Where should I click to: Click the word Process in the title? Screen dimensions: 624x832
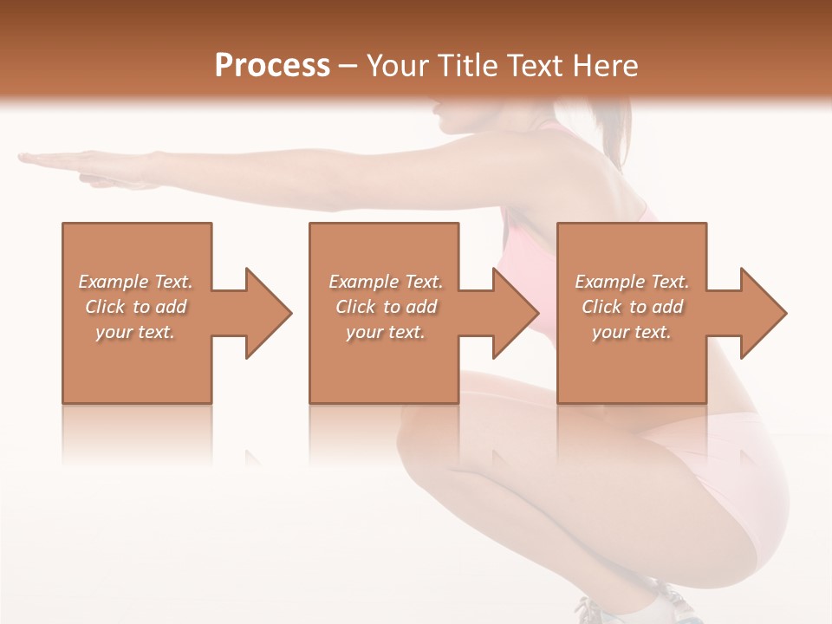pos(272,65)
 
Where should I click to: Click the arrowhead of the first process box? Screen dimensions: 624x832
pos(265,313)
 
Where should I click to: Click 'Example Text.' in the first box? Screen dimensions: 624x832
pos(135,282)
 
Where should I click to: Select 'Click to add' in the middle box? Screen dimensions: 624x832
pos(386,307)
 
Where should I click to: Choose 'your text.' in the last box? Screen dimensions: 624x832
pos(632,332)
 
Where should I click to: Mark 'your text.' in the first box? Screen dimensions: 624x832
pos(135,332)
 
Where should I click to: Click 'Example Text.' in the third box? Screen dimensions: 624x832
pos(632,282)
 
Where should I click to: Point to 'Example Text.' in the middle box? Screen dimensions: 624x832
pos(386,282)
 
